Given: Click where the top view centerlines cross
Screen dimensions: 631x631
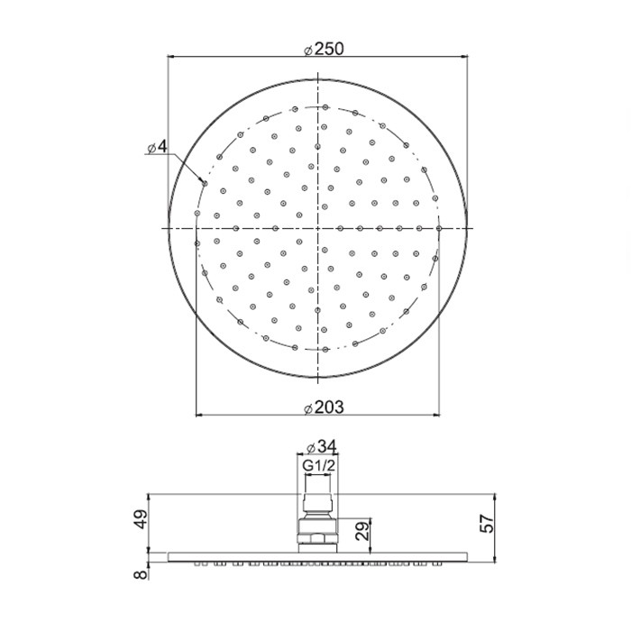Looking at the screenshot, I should pos(318,229).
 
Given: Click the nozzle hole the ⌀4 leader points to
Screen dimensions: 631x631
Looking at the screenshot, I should pos(205,184).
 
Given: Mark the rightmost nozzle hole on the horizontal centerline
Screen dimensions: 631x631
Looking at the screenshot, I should pos(439,229).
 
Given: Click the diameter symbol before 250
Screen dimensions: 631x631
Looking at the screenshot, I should pos(308,51).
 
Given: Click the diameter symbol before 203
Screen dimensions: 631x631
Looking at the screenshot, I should pos(308,408).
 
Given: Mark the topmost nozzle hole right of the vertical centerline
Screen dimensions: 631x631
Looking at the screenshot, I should pos(327,108).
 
